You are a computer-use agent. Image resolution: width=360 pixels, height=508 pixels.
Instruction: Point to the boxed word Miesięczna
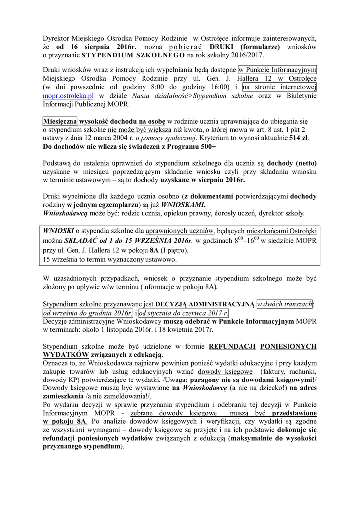tap(58, 121)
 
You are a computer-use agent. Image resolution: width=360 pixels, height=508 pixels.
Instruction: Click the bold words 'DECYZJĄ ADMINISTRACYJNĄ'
tap(205, 304)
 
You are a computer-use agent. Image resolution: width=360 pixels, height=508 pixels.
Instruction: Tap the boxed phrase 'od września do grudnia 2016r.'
tap(87, 313)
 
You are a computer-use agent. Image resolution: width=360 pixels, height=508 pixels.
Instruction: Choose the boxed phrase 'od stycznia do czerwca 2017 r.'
tap(184, 313)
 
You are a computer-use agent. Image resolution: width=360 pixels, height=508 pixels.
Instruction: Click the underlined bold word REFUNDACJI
tap(231, 346)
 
